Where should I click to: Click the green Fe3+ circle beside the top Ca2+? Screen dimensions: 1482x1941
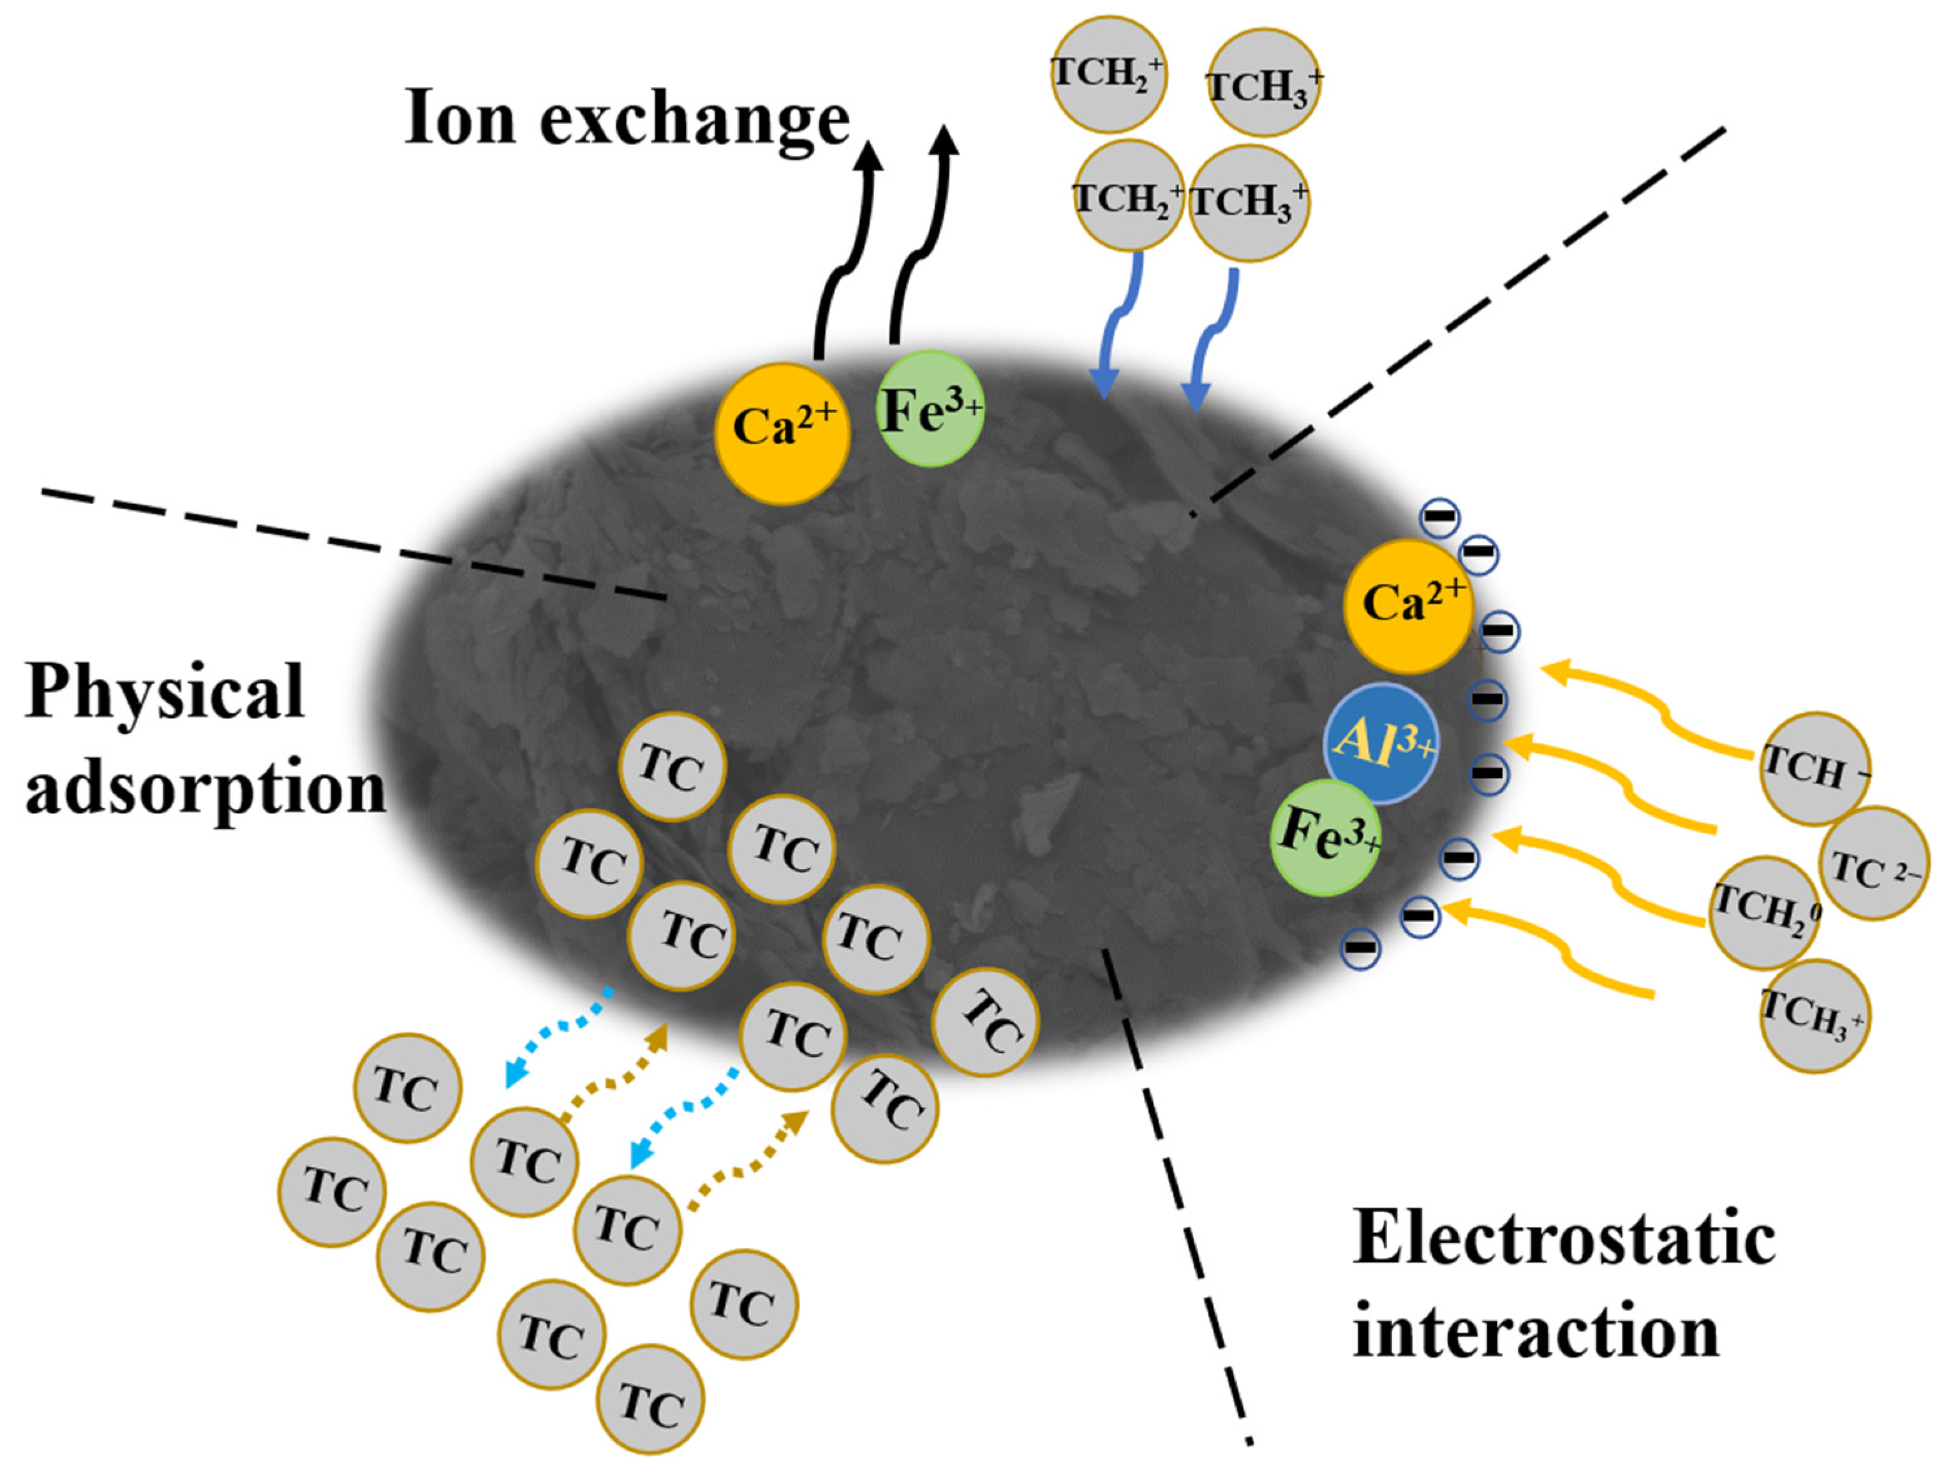(929, 408)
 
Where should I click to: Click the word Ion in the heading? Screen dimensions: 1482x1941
(459, 119)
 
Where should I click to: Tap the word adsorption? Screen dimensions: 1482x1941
(205, 788)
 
